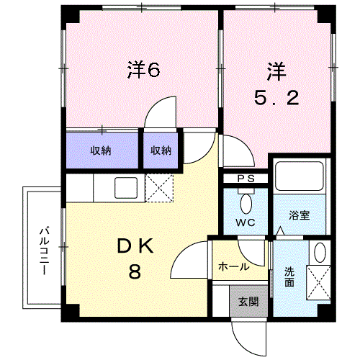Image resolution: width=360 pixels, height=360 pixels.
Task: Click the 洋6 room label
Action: click(143, 69)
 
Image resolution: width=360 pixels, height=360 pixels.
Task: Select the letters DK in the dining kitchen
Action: click(136, 246)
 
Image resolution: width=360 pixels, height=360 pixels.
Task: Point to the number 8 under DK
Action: click(135, 272)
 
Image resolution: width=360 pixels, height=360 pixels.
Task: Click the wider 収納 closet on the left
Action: click(102, 150)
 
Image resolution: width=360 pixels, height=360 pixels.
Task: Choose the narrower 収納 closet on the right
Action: click(161, 150)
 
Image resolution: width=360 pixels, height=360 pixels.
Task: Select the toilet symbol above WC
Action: click(246, 202)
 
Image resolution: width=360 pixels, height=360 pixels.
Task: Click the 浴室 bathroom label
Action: click(300, 215)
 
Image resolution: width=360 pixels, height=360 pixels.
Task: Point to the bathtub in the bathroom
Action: click(299, 180)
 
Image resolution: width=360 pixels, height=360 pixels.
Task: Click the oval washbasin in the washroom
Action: click(320, 252)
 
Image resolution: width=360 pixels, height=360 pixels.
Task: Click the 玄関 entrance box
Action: click(247, 301)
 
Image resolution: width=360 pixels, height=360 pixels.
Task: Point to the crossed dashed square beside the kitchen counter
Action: click(160, 189)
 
